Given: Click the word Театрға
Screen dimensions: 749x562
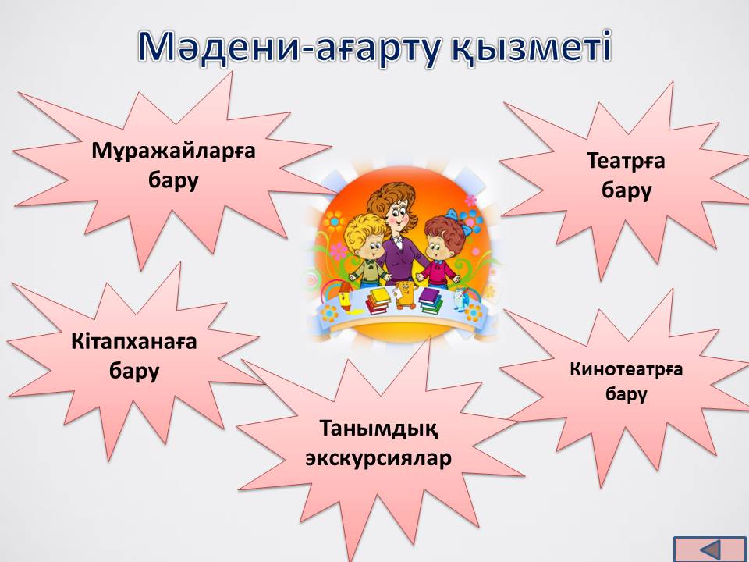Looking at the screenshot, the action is point(626,162).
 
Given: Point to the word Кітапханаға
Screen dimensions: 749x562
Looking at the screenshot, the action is point(133,343).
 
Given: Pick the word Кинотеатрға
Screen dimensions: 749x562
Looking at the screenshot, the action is point(626,370).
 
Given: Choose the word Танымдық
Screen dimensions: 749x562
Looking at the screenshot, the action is point(378,429).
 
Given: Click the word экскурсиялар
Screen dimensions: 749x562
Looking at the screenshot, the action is point(378,459).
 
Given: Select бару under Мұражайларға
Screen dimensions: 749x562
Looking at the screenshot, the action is point(173,182).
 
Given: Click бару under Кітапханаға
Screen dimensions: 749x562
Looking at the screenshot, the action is point(133,372).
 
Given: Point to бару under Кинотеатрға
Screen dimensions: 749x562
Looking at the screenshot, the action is point(627,395).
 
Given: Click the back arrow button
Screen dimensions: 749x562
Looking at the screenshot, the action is point(711,550).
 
